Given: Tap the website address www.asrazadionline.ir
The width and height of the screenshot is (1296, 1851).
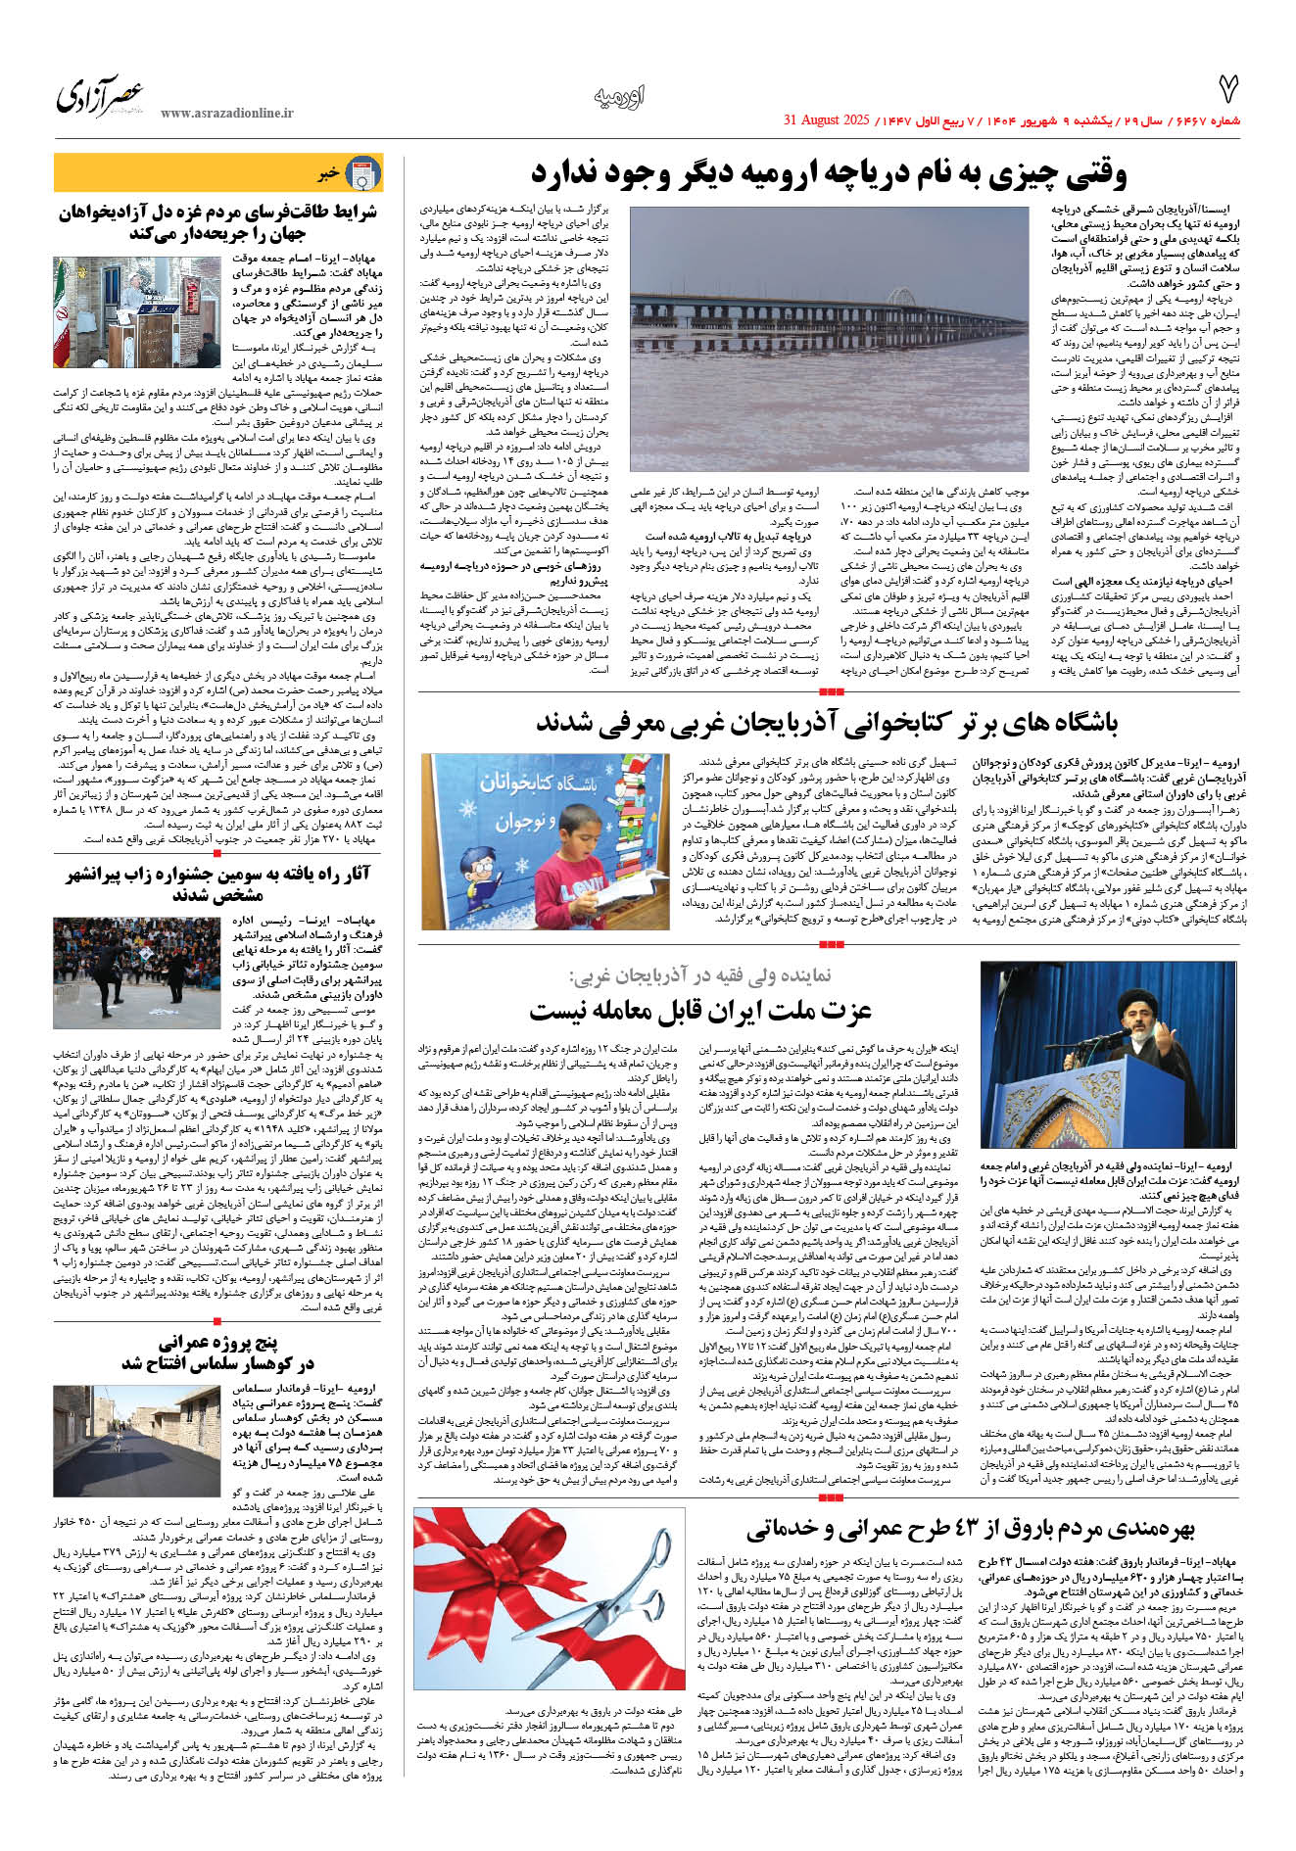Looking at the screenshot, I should pos(226,114).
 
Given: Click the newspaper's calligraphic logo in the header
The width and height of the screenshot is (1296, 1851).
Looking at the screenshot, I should pos(100,96).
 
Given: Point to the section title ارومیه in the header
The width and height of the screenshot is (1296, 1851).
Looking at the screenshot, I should pos(619,97).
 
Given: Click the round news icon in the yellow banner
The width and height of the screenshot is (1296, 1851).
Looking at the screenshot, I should pos(364,173).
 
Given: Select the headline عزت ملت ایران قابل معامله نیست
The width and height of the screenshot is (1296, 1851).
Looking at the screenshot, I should pos(686,1010).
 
